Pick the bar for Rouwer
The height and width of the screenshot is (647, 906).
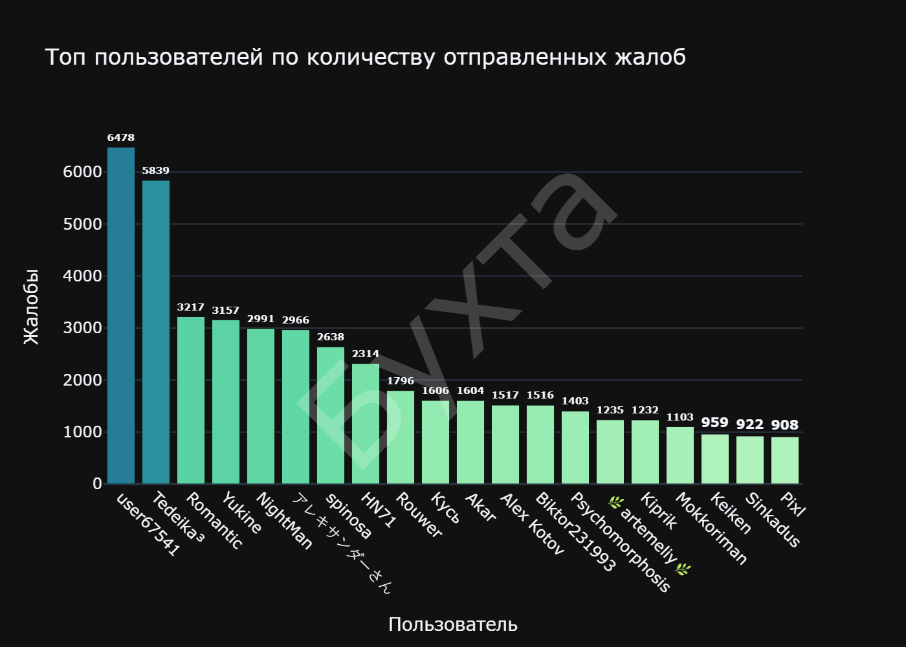[x=401, y=437]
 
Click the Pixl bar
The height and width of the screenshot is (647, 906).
[x=785, y=461]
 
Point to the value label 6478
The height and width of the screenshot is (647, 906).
[x=121, y=138]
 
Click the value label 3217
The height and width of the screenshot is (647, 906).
[x=191, y=307]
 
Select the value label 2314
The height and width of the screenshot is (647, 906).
[x=366, y=354]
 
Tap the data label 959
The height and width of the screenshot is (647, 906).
[x=715, y=422]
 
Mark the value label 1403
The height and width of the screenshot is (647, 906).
[x=575, y=401]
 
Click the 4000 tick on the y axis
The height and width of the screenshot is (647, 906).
[x=82, y=276]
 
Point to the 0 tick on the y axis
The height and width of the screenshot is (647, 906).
[x=97, y=484]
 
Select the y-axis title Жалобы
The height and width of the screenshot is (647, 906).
[x=31, y=307]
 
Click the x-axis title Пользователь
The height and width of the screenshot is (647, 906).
[x=453, y=624]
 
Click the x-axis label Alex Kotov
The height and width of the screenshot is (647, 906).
[x=533, y=525]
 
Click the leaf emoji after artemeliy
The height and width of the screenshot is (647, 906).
[x=683, y=569]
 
